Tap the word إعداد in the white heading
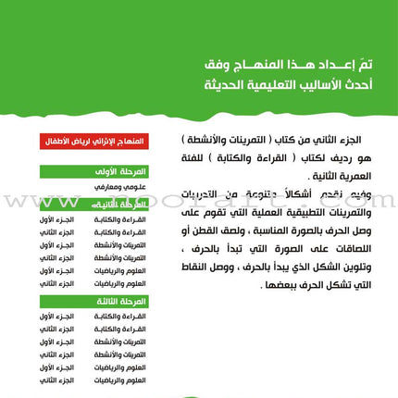[306, 68]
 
